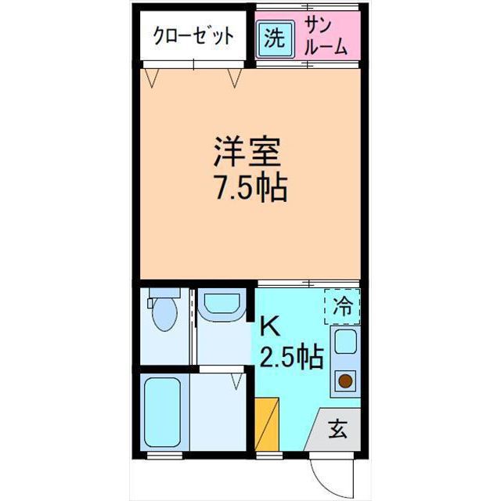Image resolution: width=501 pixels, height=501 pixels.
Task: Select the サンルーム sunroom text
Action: pos(325,36)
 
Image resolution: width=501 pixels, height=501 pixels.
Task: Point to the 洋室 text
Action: pos(247,151)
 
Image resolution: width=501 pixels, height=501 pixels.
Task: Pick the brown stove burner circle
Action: pos(344,382)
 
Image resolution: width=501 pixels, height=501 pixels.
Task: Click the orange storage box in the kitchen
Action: pos(268,425)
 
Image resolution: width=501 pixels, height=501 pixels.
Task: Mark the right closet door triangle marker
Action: pos(234,77)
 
